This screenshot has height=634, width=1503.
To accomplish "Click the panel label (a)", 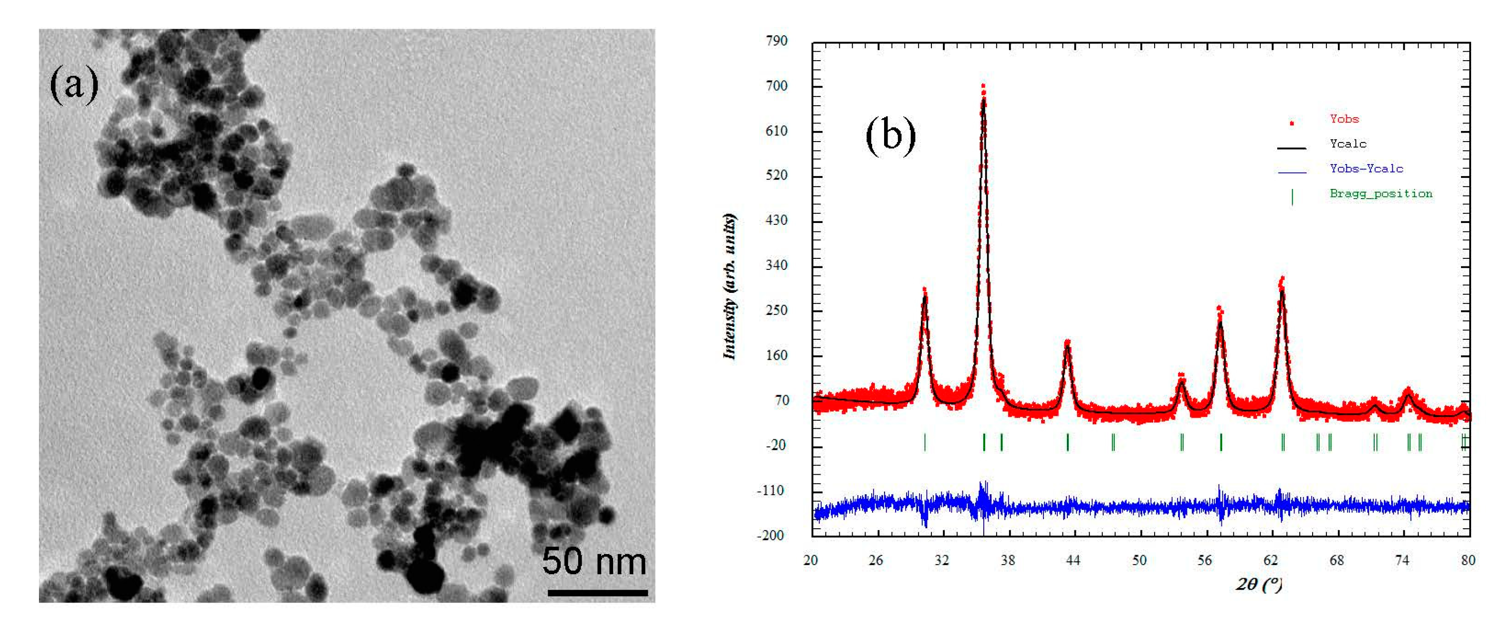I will point(74,85).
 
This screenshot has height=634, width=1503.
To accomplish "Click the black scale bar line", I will point(598,592).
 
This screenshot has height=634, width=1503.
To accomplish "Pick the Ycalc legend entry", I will point(1348,143).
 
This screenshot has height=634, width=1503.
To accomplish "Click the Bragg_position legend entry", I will point(1380,194).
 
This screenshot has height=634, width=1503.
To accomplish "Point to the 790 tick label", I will point(776,41).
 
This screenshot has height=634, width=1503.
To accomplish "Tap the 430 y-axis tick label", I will point(776,220).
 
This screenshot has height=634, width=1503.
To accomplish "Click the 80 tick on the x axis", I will point(1468,561).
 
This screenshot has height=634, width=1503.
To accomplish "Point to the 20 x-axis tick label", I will point(811,561).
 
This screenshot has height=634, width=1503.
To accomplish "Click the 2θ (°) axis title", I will point(1259,584).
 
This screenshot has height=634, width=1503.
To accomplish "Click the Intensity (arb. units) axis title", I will point(729,287).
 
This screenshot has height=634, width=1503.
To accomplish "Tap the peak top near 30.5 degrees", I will point(924,290).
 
